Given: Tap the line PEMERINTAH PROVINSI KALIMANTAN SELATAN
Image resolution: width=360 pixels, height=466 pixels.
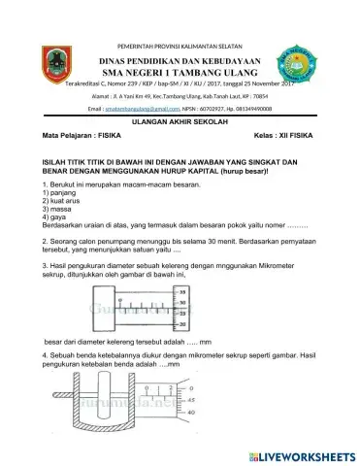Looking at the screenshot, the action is (180, 46).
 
